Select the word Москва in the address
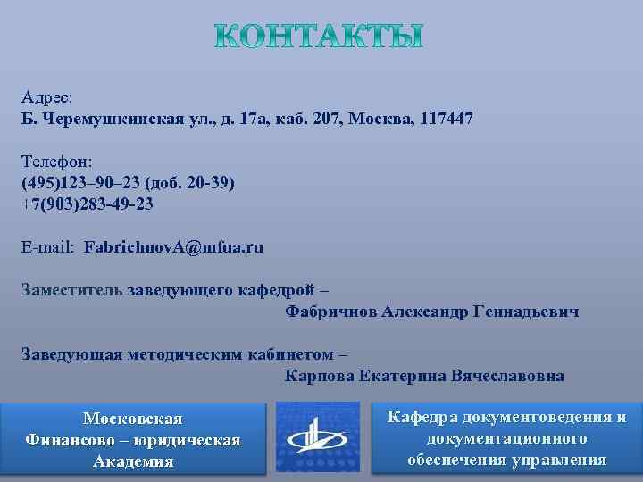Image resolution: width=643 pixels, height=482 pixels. coord(367,118)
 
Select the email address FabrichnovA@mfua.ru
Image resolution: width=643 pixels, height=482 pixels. coord(173,246)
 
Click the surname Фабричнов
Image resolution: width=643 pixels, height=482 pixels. coord(331,312)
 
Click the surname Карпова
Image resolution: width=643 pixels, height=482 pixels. coord(318,376)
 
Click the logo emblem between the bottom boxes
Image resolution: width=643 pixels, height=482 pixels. coord(319,436)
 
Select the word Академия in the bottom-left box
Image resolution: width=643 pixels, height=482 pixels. coord(133,461)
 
